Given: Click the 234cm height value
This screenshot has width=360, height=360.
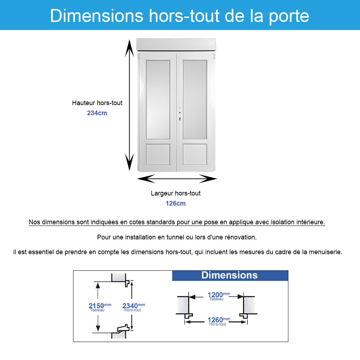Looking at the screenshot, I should pos(97,113).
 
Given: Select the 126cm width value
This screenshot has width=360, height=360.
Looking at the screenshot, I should pos(176,203).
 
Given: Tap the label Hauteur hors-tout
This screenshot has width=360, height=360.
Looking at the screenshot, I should pos(97,103).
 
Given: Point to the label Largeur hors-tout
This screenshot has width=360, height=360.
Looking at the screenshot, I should pos(176,193).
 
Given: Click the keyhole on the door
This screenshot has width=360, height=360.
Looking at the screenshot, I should pos(179,119).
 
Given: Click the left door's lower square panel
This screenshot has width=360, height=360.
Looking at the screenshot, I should pos(158,154).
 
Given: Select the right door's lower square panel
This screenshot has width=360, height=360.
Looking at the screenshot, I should pos(195,154).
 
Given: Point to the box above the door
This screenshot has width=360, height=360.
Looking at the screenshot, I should pos(177,44).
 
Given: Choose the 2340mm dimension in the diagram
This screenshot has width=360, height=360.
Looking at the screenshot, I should pos(132,306).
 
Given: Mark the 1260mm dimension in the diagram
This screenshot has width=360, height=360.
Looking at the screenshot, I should pos(217,320).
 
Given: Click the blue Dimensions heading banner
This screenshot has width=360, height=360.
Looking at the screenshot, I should pos(230,275).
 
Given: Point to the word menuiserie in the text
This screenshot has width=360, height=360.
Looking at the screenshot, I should pos(323,252).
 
